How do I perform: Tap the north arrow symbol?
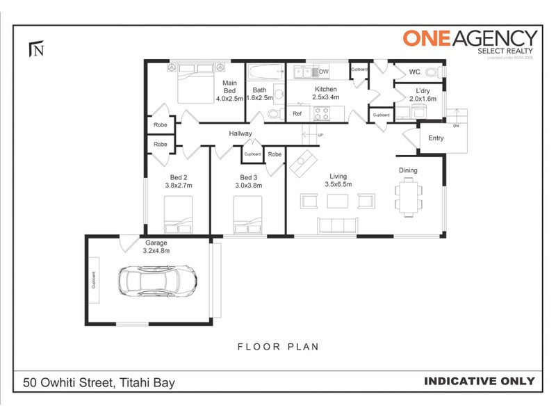coord(36,49)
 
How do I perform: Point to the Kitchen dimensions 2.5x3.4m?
coord(326,98)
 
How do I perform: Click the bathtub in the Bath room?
coord(265,72)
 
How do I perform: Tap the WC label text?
coord(414,72)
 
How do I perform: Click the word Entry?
coord(436,138)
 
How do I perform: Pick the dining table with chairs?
coord(408,197)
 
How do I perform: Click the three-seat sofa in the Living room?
coord(337,224)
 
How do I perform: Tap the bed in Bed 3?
coord(247,215)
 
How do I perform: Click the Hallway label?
coord(240,133)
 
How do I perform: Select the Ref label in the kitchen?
coord(297,113)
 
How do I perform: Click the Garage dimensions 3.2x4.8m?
coord(156,251)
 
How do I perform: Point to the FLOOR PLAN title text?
coord(278,346)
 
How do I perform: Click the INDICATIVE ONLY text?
coord(479,381)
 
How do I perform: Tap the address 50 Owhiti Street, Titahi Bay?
coord(99,382)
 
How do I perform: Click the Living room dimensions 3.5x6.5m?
coord(338,184)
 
